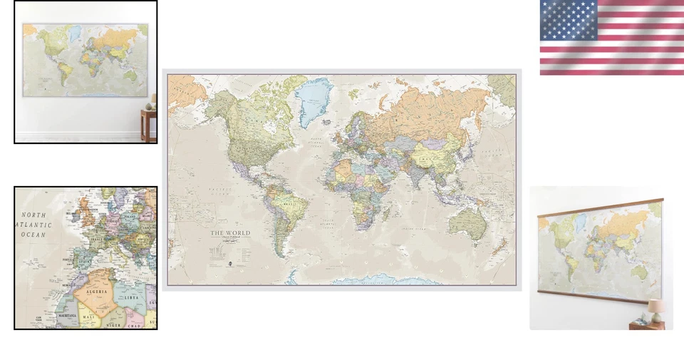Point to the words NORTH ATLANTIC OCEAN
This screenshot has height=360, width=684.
[x=33, y=225]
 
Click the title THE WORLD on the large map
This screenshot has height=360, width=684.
[x=230, y=233]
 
